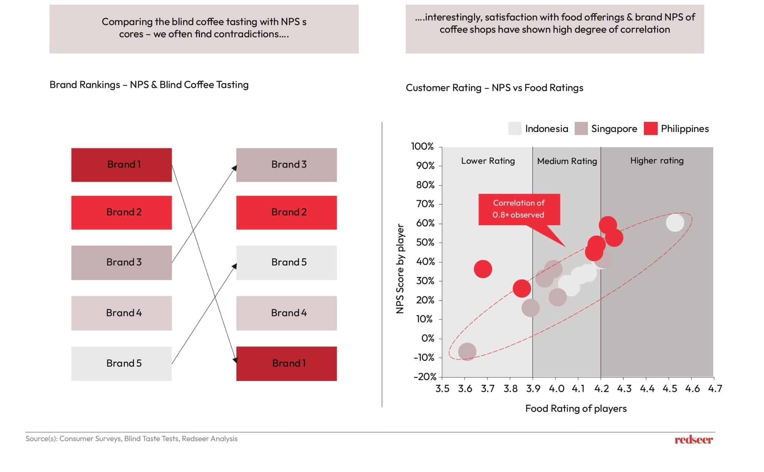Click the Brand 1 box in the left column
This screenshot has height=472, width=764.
coord(121,165)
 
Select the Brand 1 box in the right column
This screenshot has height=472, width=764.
coord(286,364)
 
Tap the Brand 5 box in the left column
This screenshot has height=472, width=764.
coord(121,364)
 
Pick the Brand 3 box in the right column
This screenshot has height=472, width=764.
coord(286,165)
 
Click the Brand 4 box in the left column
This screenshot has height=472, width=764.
coord(121,313)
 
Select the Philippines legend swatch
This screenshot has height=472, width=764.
coord(650,129)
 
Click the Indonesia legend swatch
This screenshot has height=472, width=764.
coord(514,129)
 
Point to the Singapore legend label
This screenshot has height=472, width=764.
coord(614,129)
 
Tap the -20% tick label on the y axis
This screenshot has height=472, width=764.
coord(425,377)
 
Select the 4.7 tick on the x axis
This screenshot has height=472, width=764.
coord(715,389)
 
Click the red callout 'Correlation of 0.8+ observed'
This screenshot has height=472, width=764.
coord(519,209)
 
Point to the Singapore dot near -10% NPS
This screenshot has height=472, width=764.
coord(467,352)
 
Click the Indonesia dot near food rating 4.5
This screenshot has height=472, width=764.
coord(675,223)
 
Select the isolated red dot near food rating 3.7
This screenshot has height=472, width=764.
coord(483,269)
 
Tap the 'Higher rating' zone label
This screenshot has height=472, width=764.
coord(657,161)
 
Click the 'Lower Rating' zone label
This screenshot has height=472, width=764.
coord(488,161)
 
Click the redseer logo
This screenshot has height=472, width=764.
coord(693,440)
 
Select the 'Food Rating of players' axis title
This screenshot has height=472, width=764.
coord(576,409)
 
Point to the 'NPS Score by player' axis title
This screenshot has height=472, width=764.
coord(400,268)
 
